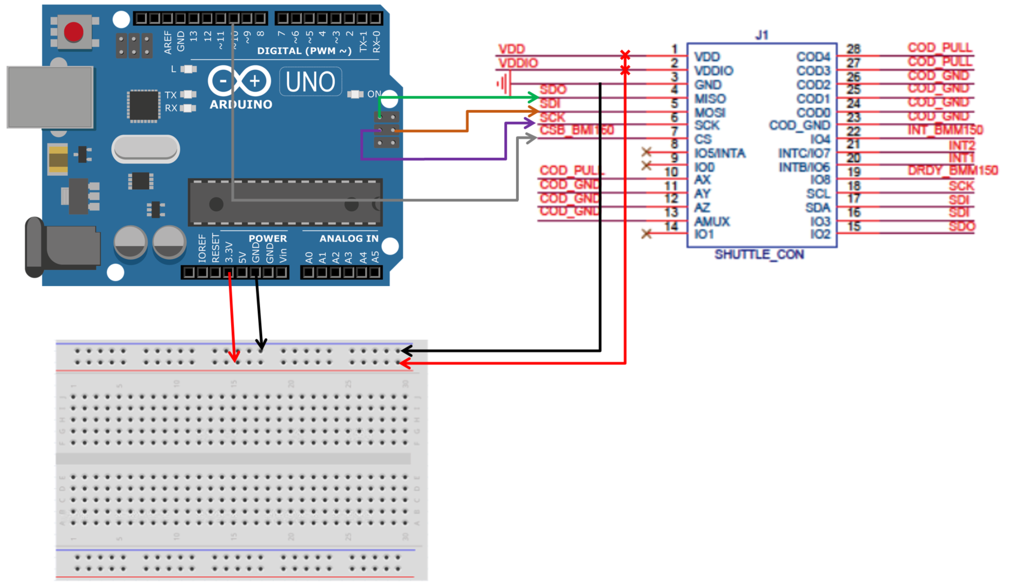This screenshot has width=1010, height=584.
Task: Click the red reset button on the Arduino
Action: [74, 32]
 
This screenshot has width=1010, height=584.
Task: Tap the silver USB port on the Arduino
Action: [50, 97]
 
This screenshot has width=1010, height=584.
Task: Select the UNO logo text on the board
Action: [310, 82]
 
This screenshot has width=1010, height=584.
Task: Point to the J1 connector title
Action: [761, 35]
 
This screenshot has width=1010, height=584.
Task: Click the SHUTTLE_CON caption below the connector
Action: [758, 255]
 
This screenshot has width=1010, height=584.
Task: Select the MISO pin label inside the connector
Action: [710, 99]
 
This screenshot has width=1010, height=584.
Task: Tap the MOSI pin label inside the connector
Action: [710, 113]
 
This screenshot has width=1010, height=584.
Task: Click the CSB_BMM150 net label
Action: [576, 131]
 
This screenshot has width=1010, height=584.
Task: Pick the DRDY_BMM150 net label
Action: [952, 170]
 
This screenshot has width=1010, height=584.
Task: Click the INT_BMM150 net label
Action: [945, 130]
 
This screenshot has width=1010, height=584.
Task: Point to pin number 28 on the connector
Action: [853, 49]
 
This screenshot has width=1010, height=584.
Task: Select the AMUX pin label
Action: [712, 221]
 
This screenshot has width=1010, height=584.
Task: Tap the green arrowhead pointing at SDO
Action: [533, 97]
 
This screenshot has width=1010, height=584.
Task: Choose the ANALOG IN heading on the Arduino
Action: [349, 238]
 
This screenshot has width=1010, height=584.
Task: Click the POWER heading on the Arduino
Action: [267, 238]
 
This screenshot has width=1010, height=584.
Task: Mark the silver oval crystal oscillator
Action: [146, 149]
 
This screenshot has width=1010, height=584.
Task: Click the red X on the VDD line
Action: [625, 55]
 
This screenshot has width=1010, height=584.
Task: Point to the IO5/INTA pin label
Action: [720, 153]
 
